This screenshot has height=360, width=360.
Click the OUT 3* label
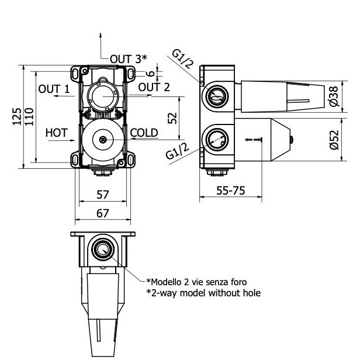(129, 59)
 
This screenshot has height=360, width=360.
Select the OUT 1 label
(54, 89)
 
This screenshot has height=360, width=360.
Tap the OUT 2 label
(154, 87)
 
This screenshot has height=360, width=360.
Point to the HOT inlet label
(57, 133)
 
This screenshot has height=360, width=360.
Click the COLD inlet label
(144, 133)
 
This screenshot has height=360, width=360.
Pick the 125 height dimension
(17, 117)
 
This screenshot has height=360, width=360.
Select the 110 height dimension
(29, 117)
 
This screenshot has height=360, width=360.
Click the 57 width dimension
(103, 195)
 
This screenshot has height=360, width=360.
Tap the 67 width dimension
(103, 213)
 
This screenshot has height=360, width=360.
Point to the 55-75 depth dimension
(231, 191)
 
